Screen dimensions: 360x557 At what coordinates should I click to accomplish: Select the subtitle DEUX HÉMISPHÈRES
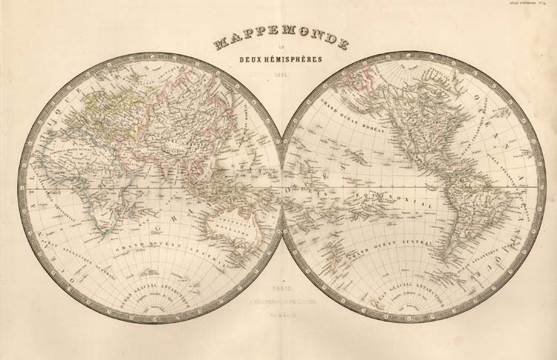point(281,63)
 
